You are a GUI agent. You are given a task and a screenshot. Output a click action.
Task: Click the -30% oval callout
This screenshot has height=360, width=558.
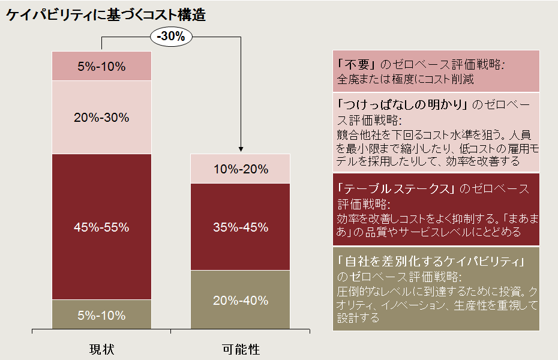pos(171,37)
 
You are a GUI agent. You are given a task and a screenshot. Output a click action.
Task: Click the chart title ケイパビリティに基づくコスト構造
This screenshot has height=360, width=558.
pos(106,15)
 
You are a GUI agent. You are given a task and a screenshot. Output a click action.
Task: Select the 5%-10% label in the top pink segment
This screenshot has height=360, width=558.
pos(101,67)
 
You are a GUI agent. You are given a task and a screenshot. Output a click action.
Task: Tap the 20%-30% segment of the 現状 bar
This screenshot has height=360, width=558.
pos(101,118)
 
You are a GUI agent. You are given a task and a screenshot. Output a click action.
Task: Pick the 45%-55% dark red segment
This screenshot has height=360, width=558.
pos(101,227)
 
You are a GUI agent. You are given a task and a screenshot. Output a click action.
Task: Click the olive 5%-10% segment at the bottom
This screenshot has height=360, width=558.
pos(101,315)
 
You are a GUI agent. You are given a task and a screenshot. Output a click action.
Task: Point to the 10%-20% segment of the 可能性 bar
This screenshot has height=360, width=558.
pos(241,169)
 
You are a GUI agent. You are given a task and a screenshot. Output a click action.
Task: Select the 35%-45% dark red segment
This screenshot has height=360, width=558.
pos(241,227)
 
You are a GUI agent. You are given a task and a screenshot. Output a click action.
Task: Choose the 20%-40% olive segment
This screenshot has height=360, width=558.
pos(241,300)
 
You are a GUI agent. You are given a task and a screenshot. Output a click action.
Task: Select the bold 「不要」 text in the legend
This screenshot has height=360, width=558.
pos(357,64)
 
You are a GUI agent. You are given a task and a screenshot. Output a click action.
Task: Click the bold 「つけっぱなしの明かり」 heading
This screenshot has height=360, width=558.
pos(403,104)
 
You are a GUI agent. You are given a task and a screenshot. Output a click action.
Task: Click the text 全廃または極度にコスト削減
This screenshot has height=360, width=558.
pos(406,79)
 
